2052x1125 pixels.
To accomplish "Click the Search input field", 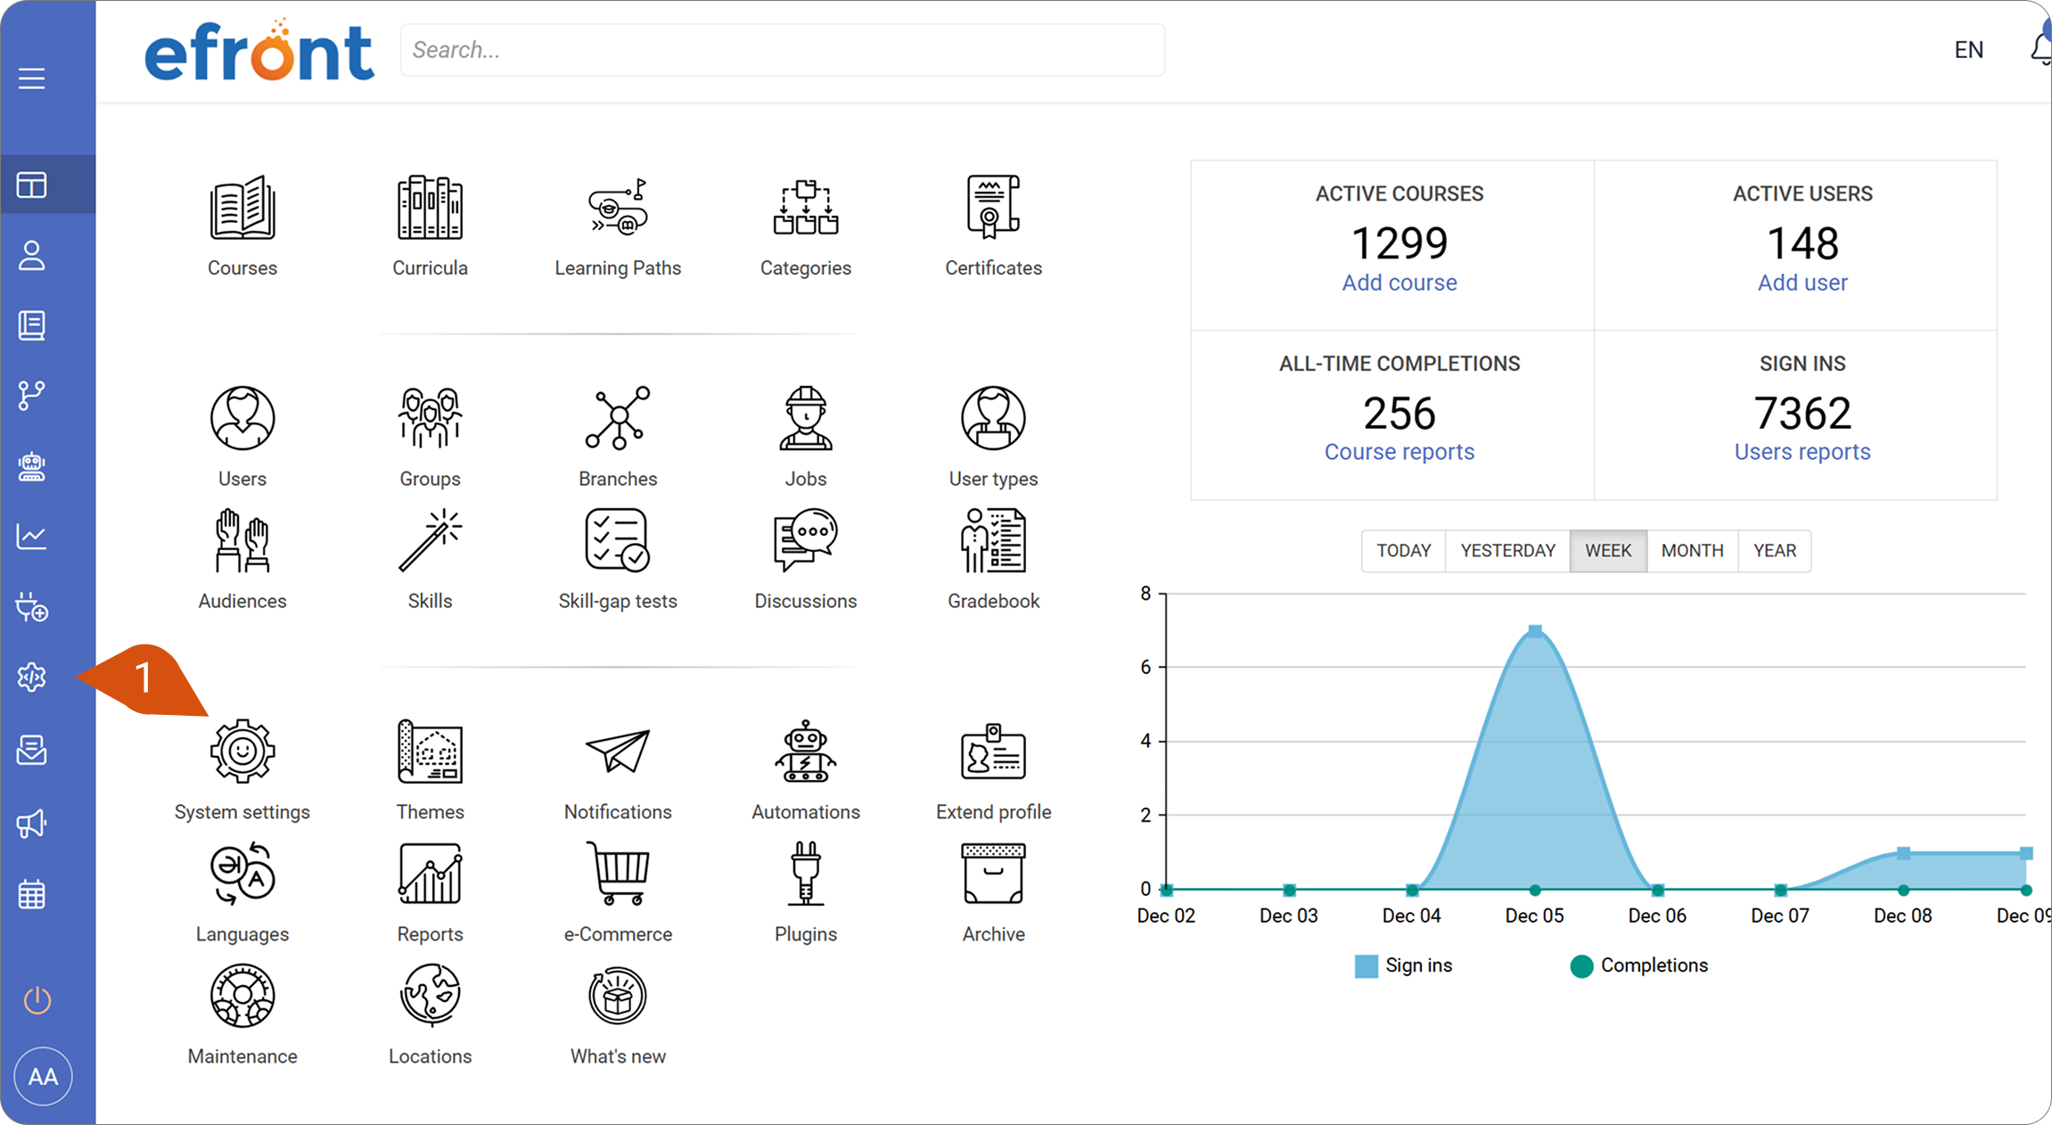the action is (x=783, y=50).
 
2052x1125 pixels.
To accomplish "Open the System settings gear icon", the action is (x=242, y=751).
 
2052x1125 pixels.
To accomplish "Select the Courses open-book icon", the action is (x=242, y=208).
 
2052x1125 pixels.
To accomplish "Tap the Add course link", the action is (x=1399, y=283).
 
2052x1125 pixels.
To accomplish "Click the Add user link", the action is (x=1802, y=283).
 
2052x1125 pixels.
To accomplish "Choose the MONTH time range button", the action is (x=1692, y=551).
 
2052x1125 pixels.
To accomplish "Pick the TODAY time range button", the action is (x=1403, y=551).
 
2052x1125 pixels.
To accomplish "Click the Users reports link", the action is (x=1802, y=452).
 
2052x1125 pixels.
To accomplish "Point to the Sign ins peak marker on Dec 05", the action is (x=1535, y=631).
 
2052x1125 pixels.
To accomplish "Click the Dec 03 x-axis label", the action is (x=1288, y=916).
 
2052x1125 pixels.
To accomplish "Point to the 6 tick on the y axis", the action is (x=1145, y=667).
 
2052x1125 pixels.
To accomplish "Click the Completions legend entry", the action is (x=1638, y=965).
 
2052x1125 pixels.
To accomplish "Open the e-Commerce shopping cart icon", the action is (x=618, y=874).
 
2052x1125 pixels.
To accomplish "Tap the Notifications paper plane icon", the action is (x=618, y=751).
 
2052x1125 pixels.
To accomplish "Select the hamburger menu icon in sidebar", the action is (x=32, y=78).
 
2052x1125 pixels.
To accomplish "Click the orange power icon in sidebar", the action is (x=37, y=1000).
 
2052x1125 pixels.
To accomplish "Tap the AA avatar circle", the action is (x=43, y=1077).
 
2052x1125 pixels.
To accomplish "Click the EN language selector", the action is (x=1969, y=50).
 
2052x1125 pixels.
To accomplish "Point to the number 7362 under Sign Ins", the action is (x=1802, y=413).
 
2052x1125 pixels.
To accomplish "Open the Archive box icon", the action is (x=993, y=874).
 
